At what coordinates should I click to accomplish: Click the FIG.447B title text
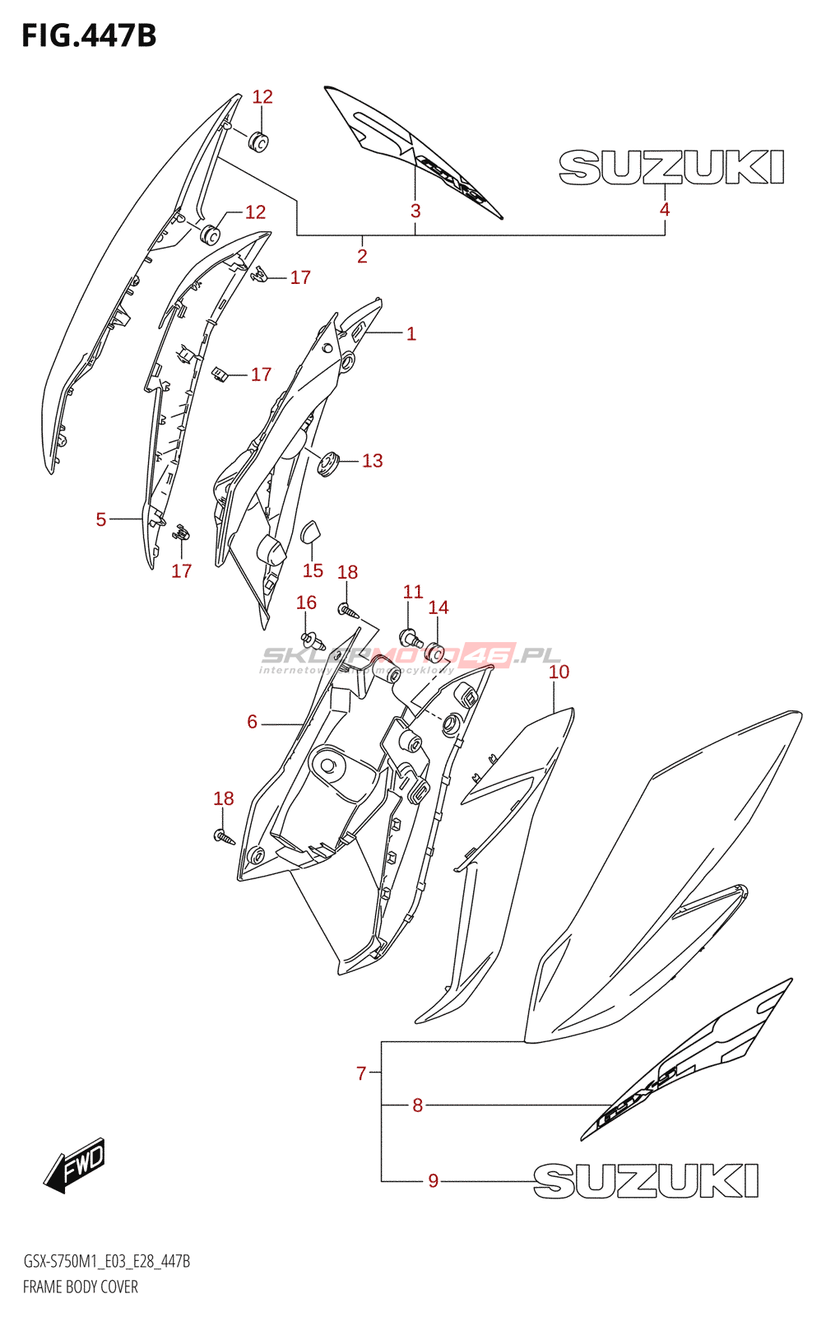(89, 36)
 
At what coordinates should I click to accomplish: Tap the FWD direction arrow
(75, 1165)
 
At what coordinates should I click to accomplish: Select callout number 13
(373, 461)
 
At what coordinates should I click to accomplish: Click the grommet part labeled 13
(329, 463)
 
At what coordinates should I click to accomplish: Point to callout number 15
(313, 570)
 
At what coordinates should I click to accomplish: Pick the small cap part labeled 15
(312, 532)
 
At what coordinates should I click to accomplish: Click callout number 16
(306, 603)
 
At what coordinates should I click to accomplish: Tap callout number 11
(413, 592)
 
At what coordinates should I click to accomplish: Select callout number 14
(439, 607)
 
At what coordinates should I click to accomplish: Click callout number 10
(559, 672)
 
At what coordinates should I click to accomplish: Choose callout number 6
(253, 722)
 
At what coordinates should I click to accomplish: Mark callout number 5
(101, 519)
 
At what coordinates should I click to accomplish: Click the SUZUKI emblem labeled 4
(671, 167)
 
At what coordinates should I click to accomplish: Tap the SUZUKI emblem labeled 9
(646, 1181)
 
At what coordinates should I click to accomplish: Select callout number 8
(418, 1105)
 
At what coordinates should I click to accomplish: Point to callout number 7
(361, 1073)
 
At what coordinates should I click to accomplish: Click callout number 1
(411, 333)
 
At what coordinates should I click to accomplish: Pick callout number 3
(415, 211)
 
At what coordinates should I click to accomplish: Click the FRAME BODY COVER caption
(81, 1287)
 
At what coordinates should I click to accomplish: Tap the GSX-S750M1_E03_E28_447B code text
(107, 1262)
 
